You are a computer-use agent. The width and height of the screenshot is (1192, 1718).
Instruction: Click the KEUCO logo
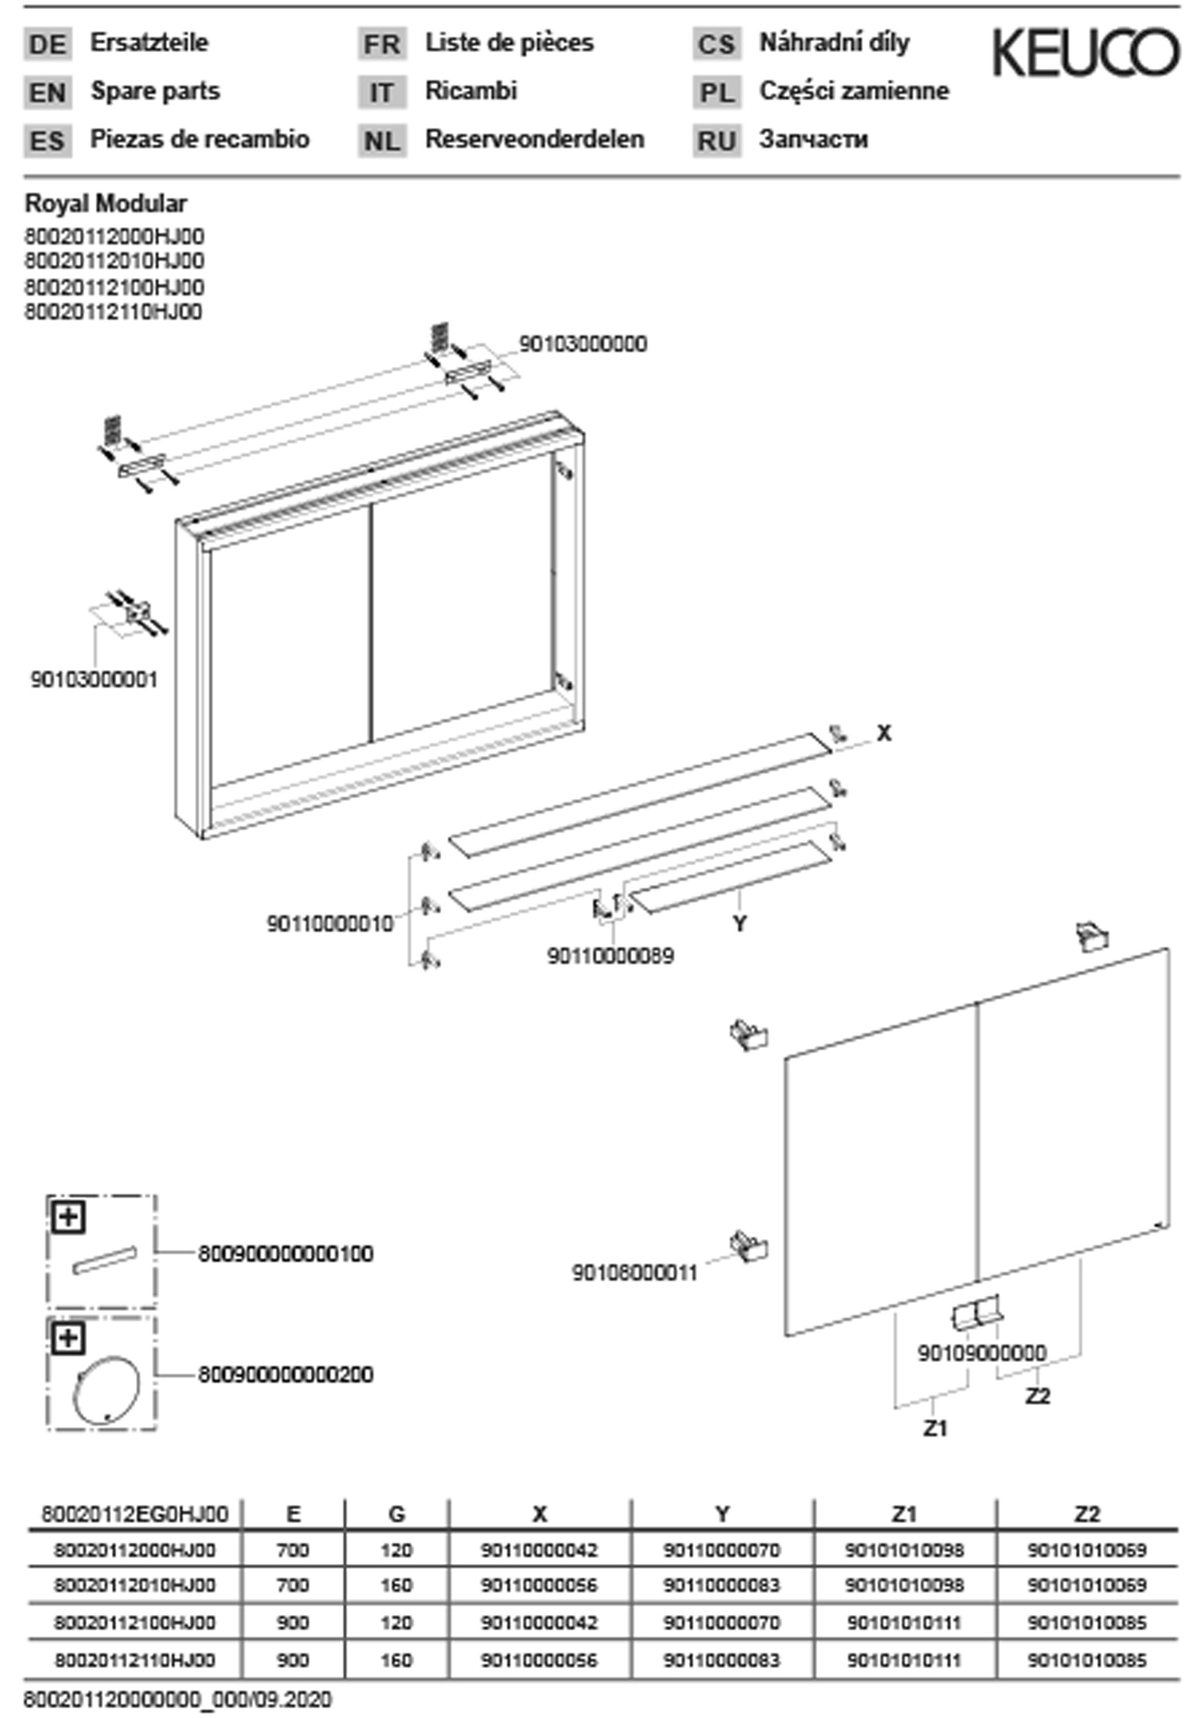click(1084, 52)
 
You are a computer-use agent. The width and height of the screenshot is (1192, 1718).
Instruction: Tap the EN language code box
click(48, 93)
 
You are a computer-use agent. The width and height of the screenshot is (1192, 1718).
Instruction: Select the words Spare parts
click(155, 91)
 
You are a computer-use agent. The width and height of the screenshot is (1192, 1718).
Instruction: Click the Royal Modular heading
click(106, 203)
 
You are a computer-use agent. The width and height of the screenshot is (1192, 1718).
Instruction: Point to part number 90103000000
click(583, 344)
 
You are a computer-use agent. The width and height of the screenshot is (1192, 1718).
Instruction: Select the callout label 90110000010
click(330, 924)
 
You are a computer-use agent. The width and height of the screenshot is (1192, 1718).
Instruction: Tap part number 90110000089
click(610, 956)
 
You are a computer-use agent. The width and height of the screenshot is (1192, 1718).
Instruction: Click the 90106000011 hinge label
click(635, 1273)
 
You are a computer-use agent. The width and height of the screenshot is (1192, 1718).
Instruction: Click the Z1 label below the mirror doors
click(935, 1428)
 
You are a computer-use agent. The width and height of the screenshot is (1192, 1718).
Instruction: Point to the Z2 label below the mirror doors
click(1037, 1396)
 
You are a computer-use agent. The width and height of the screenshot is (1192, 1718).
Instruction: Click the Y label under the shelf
click(739, 924)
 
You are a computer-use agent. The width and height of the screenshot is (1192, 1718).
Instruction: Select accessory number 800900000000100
click(285, 1254)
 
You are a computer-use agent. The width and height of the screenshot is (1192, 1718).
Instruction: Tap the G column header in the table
click(396, 1514)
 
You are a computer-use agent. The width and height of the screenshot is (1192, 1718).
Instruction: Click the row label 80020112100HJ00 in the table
click(135, 1622)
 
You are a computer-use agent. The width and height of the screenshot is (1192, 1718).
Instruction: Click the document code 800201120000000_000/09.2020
click(178, 1700)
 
